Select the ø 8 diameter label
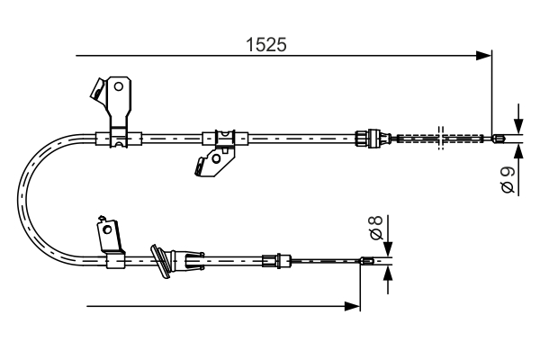378,229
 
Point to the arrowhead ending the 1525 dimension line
485,56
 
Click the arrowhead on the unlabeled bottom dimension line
353,307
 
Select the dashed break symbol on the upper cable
440,138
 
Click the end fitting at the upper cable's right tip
499,138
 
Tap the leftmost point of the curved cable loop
22,200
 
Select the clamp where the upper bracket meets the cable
117,138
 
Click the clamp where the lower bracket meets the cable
114,262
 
